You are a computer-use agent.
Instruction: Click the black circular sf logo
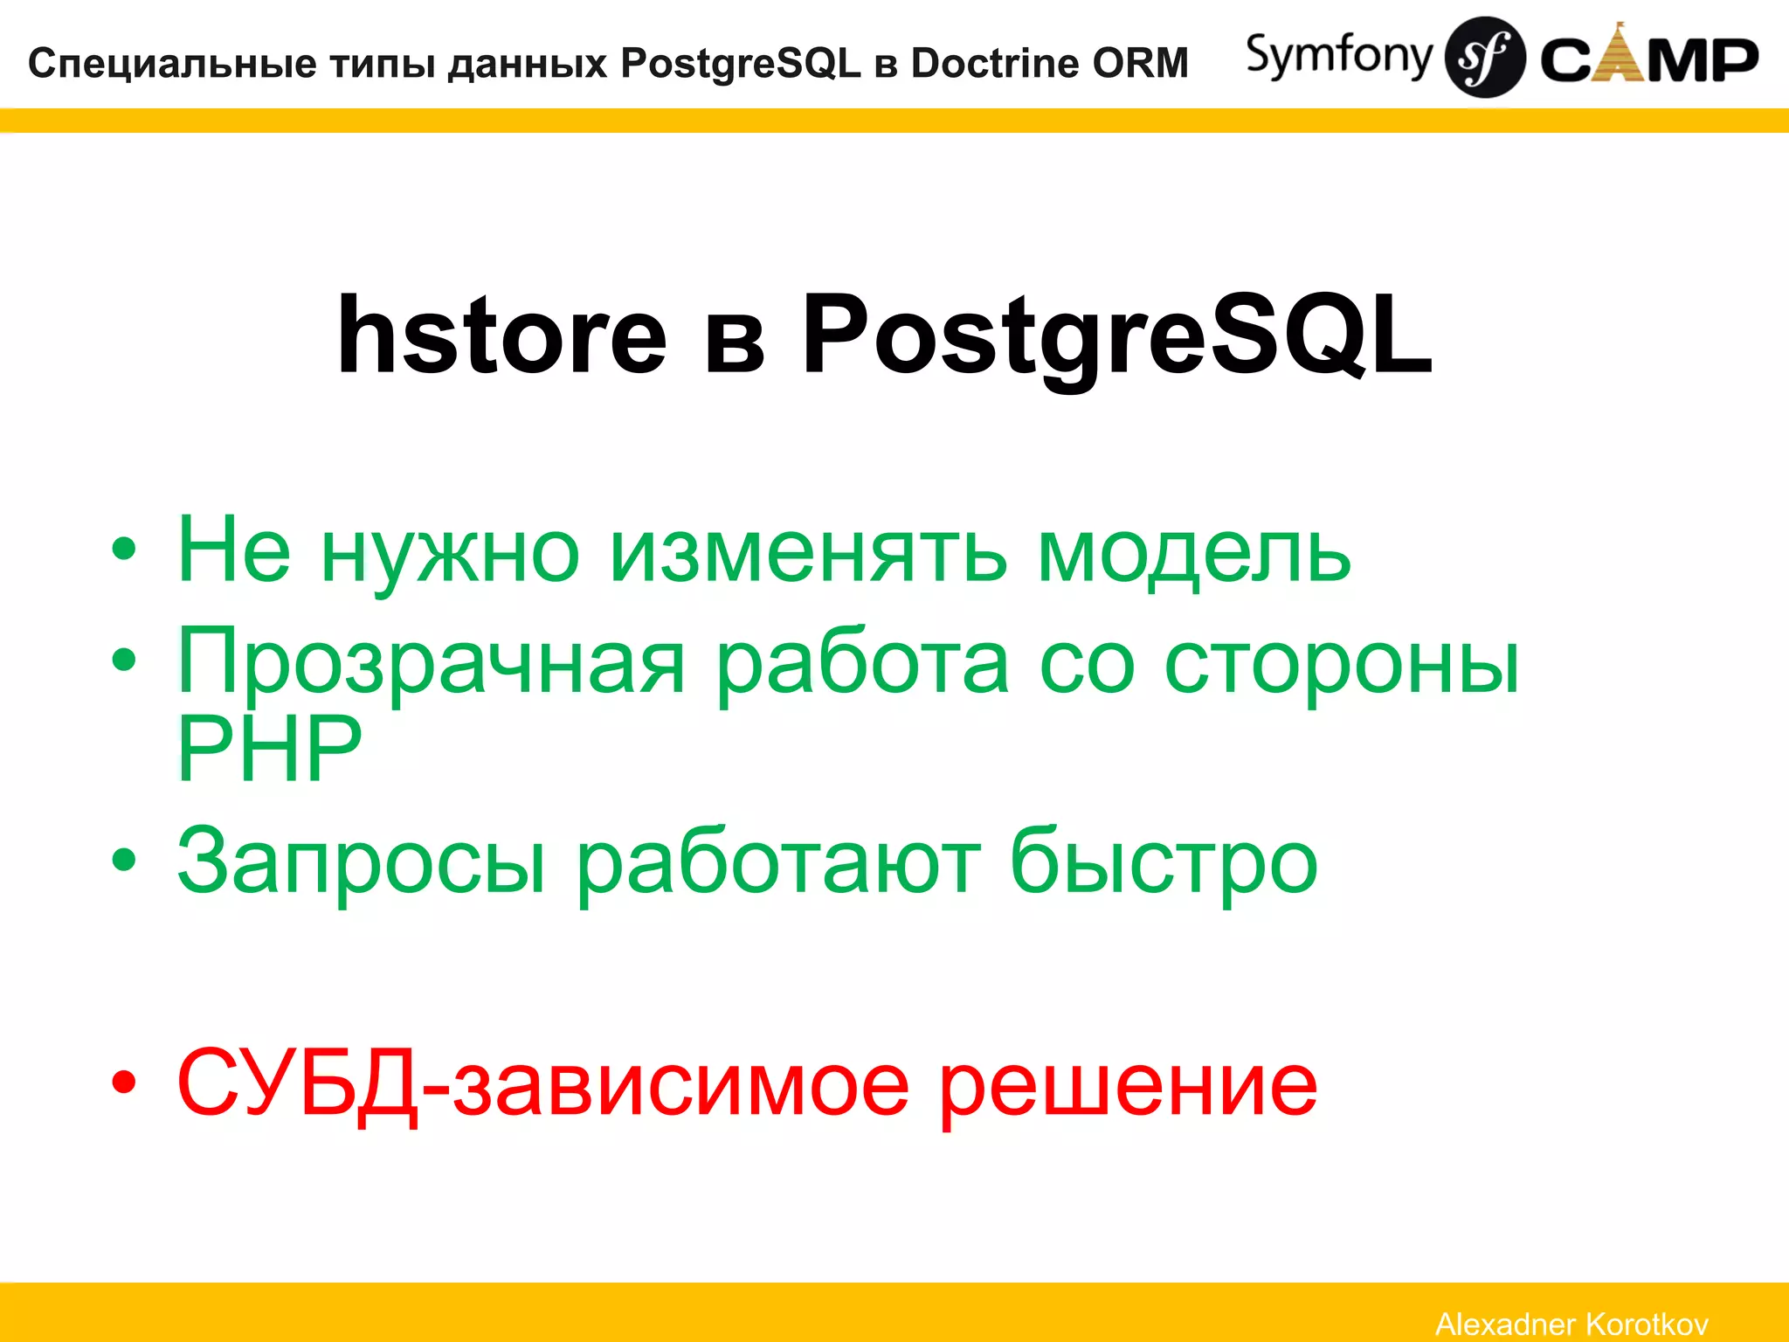tap(1485, 58)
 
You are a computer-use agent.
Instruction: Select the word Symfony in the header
tap(1338, 56)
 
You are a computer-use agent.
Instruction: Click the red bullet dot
tap(124, 1083)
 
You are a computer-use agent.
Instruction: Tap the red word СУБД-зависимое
tap(542, 1083)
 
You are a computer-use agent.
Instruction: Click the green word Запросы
tap(362, 861)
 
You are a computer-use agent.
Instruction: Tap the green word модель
tap(1193, 552)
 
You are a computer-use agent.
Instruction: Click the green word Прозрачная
tap(432, 664)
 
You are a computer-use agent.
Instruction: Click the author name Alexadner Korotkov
tap(1571, 1324)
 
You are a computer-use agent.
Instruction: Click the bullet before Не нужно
tap(124, 550)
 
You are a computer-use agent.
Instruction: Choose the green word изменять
tap(808, 552)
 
